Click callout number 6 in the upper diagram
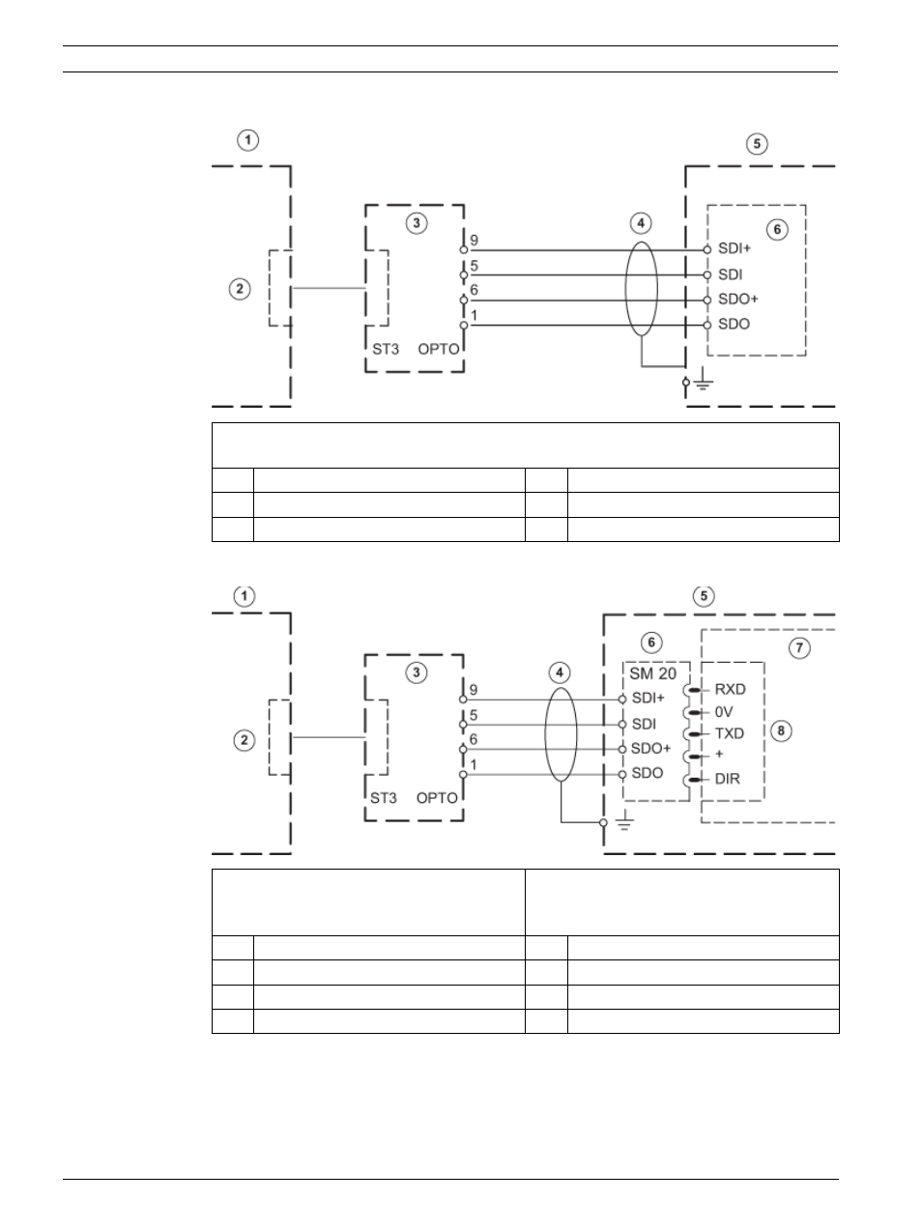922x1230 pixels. [x=777, y=229]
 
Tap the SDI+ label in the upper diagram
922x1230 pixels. [x=735, y=248]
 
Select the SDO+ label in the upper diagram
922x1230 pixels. [x=738, y=300]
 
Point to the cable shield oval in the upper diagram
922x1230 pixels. [x=625, y=289]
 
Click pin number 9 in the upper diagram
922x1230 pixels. [x=475, y=241]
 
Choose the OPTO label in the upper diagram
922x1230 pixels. [x=439, y=349]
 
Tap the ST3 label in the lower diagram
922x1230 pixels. [x=384, y=798]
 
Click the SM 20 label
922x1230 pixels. [x=653, y=673]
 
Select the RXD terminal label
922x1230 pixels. [x=731, y=689]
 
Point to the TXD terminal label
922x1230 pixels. [x=730, y=733]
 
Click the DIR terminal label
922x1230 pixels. [x=728, y=779]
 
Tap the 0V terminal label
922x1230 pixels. [x=724, y=712]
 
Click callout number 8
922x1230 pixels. [x=781, y=730]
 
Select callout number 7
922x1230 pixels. [x=799, y=648]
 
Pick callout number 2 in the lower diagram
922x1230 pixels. [x=244, y=740]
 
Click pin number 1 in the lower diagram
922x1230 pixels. [x=474, y=765]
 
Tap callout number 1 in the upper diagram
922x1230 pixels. [x=248, y=140]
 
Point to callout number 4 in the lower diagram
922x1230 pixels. [x=560, y=672]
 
